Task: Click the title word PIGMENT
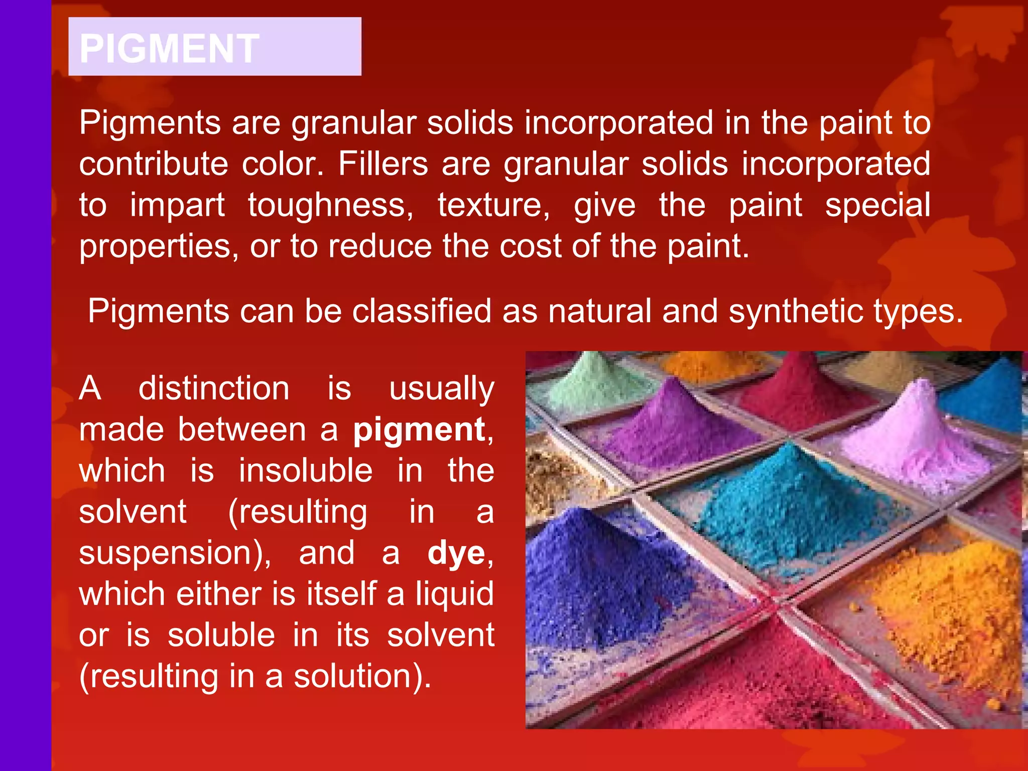(169, 48)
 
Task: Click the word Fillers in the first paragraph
(383, 164)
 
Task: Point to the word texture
(493, 205)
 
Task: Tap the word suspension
(171, 553)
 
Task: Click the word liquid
(454, 594)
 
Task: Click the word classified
(421, 311)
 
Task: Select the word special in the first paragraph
(877, 205)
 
